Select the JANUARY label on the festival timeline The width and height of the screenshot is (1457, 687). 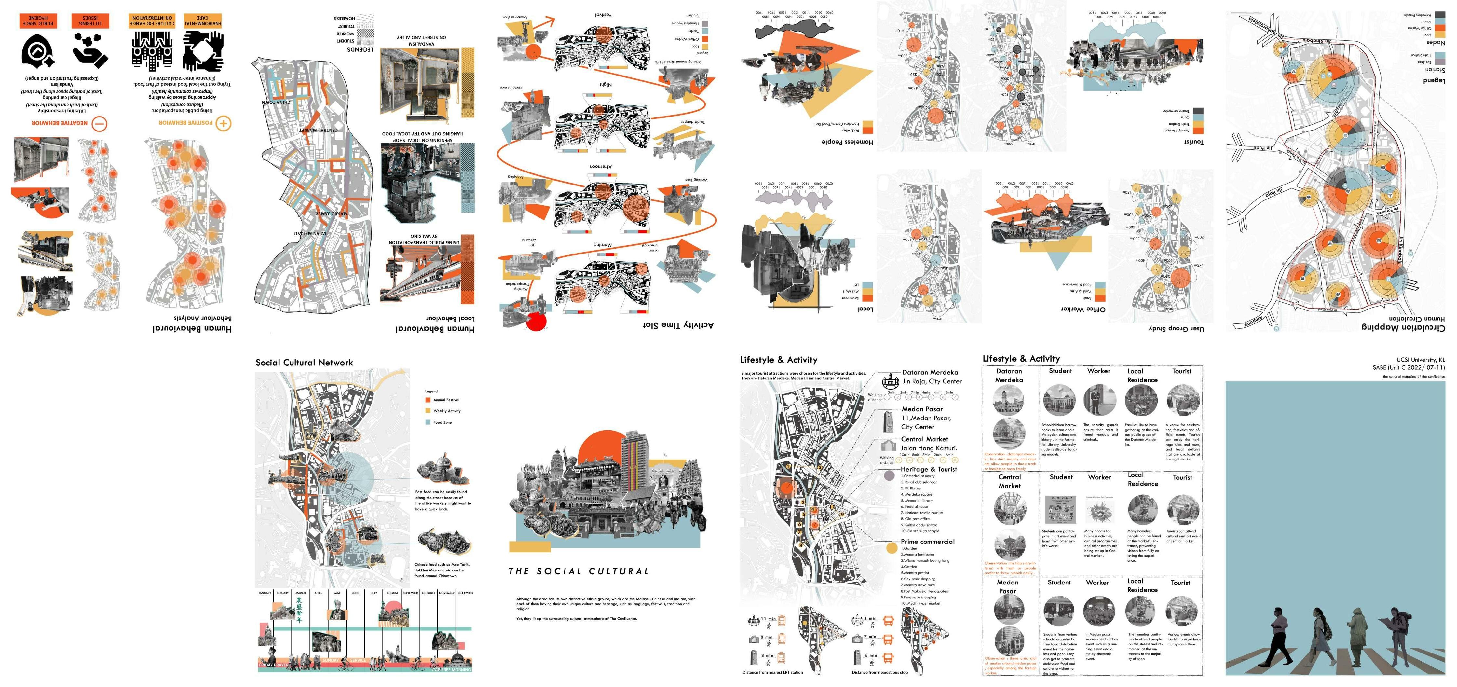pos(265,593)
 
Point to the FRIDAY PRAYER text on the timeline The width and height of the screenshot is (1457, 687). pos(274,665)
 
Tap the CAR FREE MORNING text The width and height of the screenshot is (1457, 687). pos(451,669)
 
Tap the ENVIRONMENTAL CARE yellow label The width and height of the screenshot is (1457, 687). pos(202,21)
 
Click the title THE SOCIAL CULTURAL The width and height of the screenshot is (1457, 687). pos(578,571)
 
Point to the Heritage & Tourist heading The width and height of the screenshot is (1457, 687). pos(929,469)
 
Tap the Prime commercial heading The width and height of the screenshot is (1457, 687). pos(928,542)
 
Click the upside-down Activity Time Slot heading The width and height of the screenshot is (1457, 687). pos(678,325)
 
